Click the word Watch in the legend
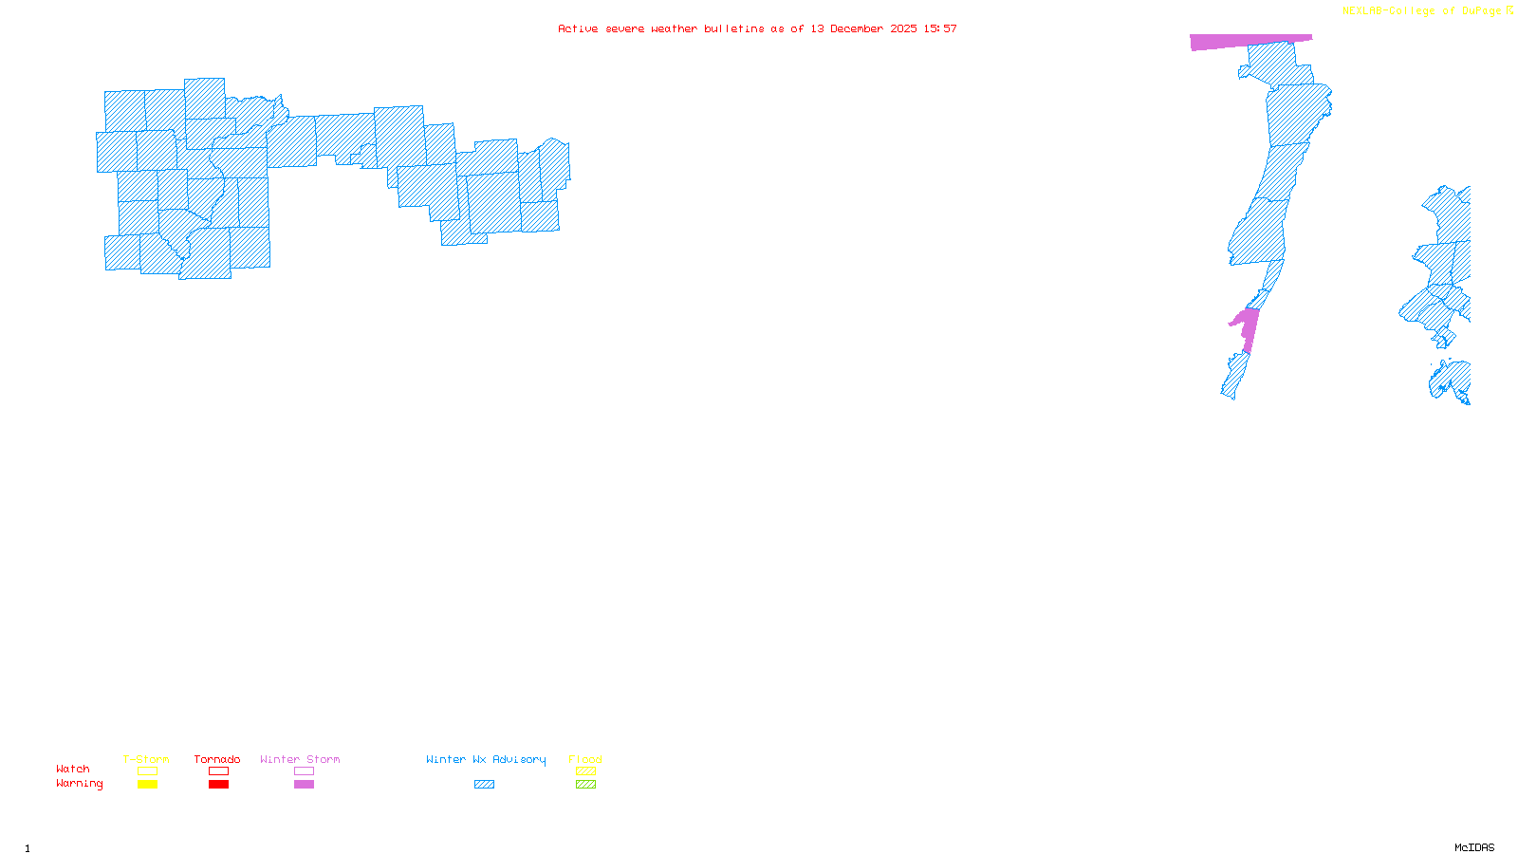point(73,769)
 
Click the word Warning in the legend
point(79,784)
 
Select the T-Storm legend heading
point(146,759)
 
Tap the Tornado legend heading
point(217,759)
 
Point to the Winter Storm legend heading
point(300,759)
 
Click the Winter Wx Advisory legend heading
point(486,759)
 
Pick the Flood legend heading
point(585,759)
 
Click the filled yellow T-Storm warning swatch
point(147,785)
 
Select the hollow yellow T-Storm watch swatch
point(147,771)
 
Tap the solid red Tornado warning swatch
point(218,785)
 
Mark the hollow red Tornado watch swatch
point(218,771)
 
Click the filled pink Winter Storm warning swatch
point(304,785)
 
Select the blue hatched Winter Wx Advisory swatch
point(484,785)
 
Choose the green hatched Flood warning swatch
point(585,785)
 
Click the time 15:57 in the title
point(940,28)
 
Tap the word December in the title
point(857,28)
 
